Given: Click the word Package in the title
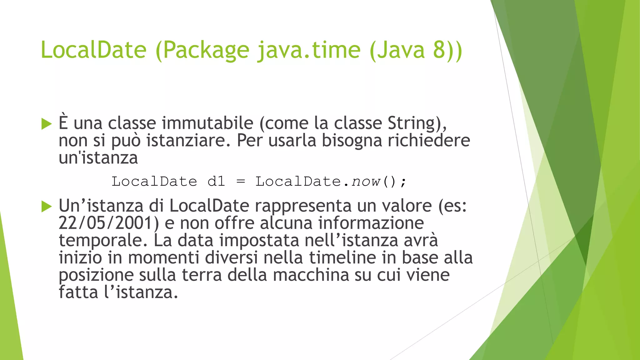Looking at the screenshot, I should [206, 50].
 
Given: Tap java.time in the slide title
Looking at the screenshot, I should [309, 50].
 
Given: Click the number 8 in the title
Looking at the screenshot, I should [439, 50].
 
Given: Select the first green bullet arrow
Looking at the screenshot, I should [46, 124].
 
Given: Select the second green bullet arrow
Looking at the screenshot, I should [46, 207].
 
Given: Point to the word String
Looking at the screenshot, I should [412, 123].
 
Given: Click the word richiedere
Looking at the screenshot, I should [429, 140].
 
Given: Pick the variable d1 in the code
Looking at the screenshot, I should [216, 182].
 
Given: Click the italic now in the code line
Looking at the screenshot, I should [366, 182].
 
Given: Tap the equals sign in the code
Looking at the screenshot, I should [241, 182].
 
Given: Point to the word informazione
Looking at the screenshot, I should [371, 223].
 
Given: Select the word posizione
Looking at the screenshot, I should [96, 275].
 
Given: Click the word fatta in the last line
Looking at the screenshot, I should [78, 292].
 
